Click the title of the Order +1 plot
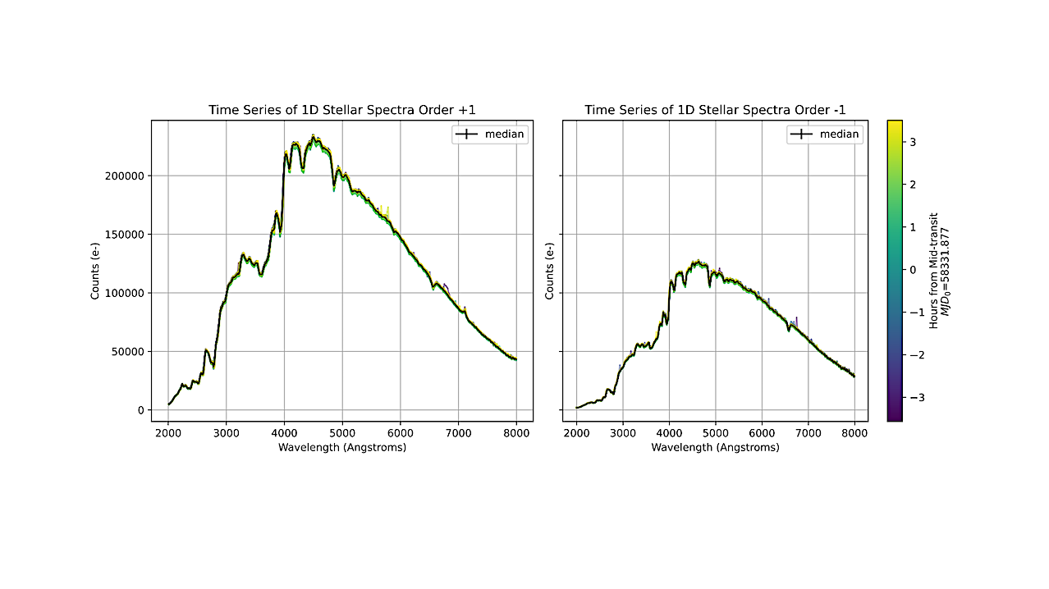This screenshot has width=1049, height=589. click(x=341, y=110)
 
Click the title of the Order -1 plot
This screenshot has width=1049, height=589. click(x=715, y=110)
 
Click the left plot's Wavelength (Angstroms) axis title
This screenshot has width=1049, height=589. click(x=341, y=448)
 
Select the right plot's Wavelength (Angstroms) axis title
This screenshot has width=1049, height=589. click(x=715, y=448)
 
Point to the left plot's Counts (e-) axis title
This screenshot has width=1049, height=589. click(x=95, y=270)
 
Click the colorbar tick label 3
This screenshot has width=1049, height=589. click(x=913, y=142)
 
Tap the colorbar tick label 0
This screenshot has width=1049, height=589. click(x=913, y=270)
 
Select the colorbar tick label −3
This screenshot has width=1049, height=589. click(x=910, y=397)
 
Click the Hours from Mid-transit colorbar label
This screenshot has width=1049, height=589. click(x=933, y=270)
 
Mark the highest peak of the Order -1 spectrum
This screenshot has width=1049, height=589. click(x=697, y=262)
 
